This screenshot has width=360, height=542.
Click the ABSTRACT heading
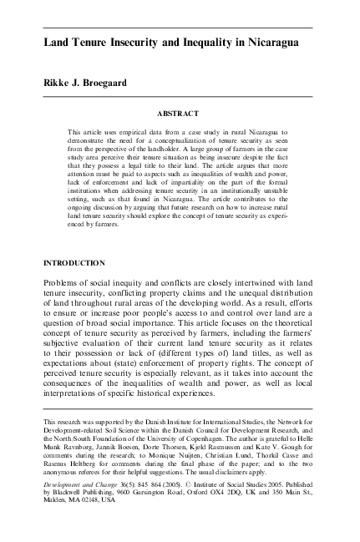coord(179,110)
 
